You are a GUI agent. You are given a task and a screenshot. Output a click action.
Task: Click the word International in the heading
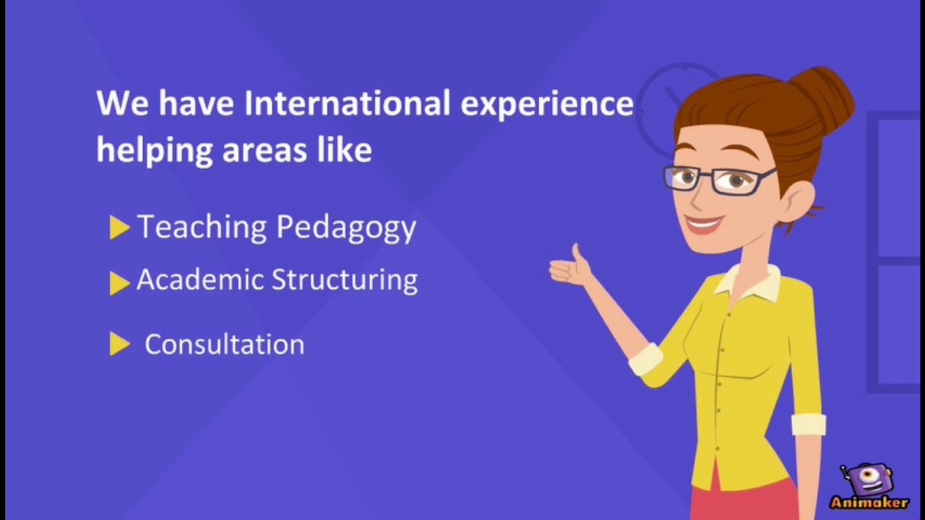click(x=347, y=104)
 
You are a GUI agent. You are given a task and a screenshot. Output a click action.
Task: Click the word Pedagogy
click(x=346, y=228)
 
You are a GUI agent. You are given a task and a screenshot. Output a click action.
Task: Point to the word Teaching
click(x=202, y=227)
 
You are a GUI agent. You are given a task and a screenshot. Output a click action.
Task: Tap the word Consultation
click(x=224, y=344)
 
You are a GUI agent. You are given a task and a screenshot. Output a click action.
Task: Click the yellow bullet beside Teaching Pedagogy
click(x=119, y=228)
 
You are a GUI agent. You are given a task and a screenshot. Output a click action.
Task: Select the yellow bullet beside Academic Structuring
click(x=119, y=282)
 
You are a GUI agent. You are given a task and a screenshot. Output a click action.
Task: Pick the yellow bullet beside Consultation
click(x=119, y=345)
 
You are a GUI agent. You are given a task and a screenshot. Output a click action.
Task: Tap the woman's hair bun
click(x=824, y=94)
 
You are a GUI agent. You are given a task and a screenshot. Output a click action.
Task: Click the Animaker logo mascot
click(x=869, y=480)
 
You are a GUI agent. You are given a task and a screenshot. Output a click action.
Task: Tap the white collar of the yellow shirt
click(x=748, y=283)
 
